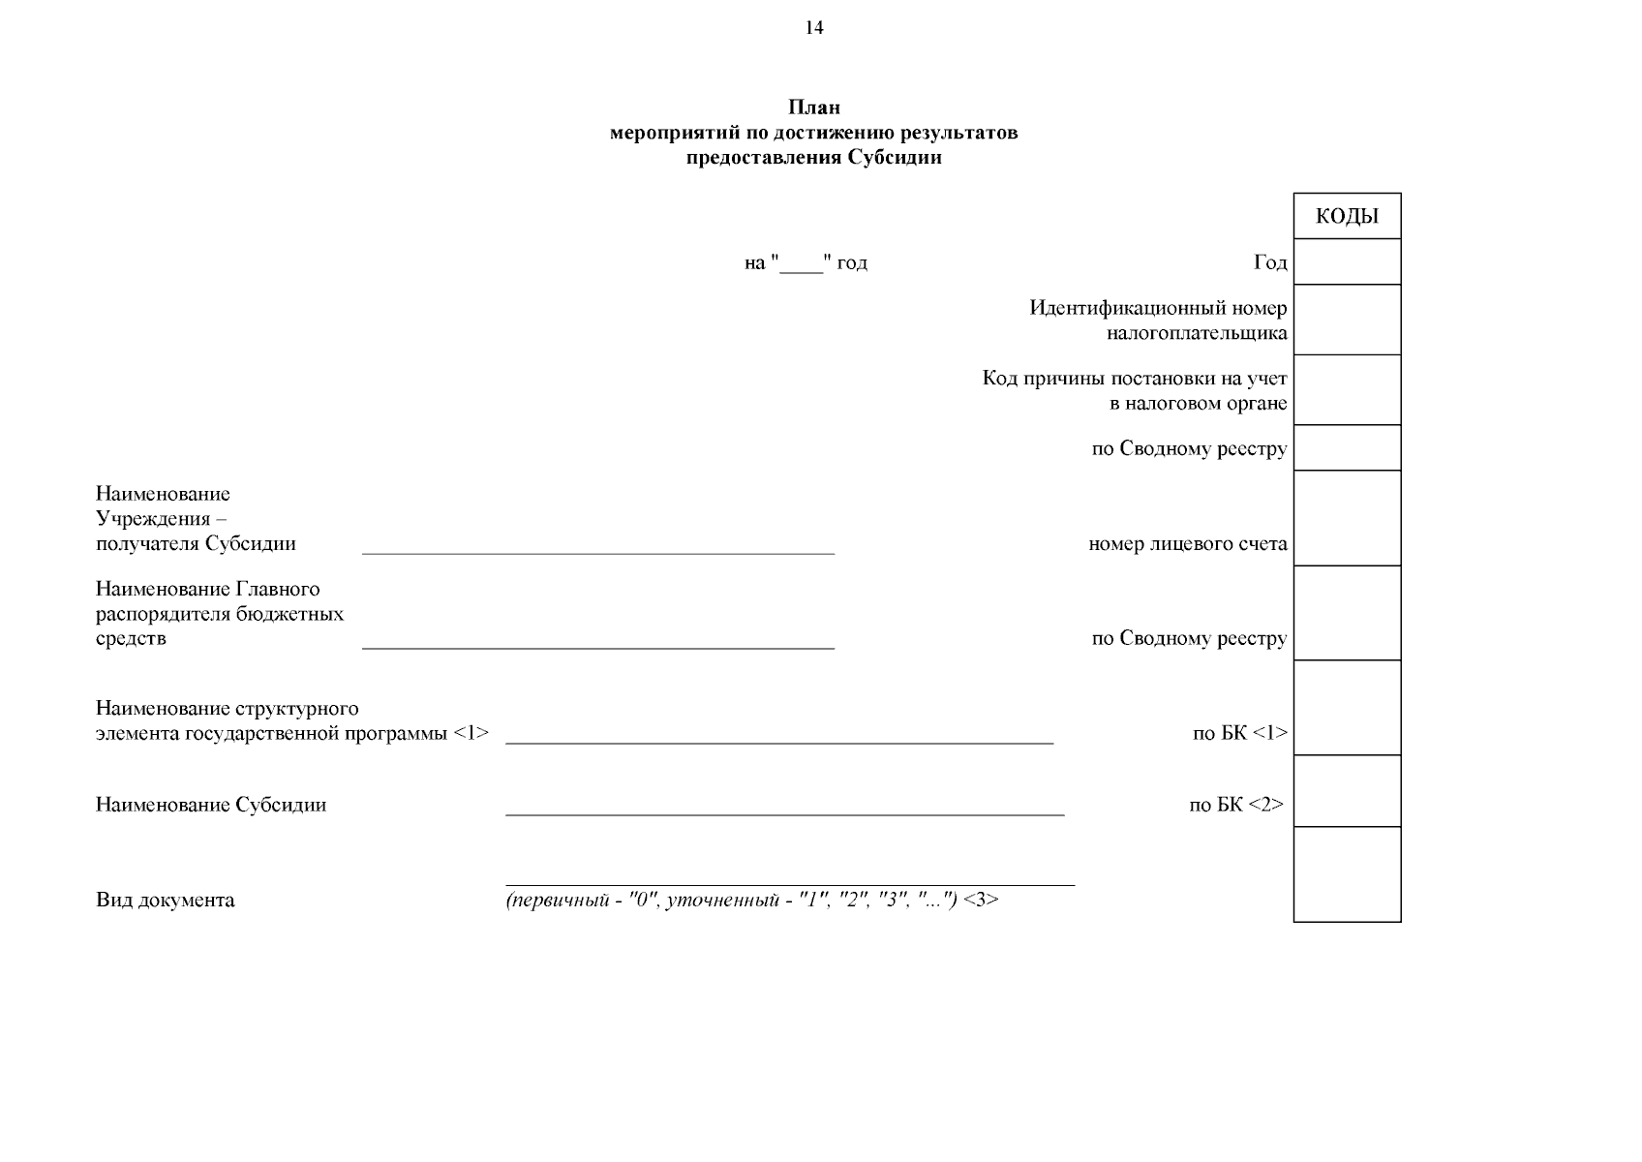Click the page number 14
click(814, 28)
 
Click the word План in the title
click(813, 107)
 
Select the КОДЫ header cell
click(1347, 216)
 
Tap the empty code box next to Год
click(1347, 261)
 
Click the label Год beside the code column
click(1270, 262)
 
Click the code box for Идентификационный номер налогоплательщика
click(1347, 320)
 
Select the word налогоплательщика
click(1197, 334)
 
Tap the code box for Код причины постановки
click(1347, 389)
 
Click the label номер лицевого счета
click(1188, 543)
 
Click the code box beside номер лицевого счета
click(1347, 518)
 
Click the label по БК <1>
click(1240, 733)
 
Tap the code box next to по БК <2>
click(1347, 791)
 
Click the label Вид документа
click(165, 901)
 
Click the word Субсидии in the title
click(895, 158)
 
